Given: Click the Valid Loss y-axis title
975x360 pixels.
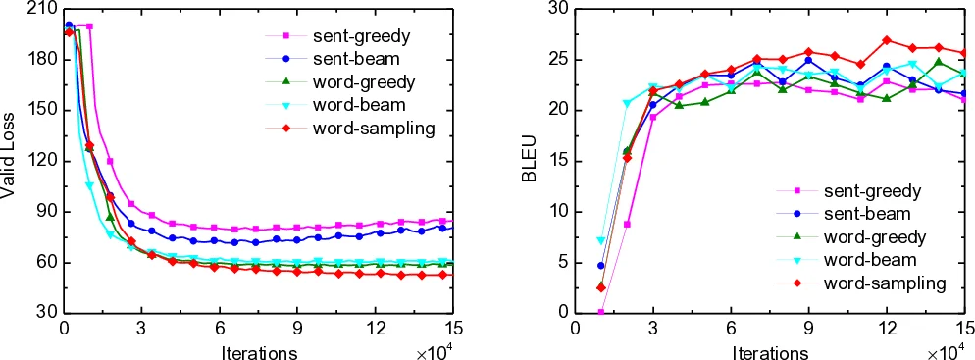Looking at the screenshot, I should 10,162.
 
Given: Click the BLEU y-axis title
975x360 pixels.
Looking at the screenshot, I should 531,161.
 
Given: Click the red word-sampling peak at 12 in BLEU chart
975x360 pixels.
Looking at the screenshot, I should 887,40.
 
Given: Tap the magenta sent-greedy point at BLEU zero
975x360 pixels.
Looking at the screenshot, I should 600,312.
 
